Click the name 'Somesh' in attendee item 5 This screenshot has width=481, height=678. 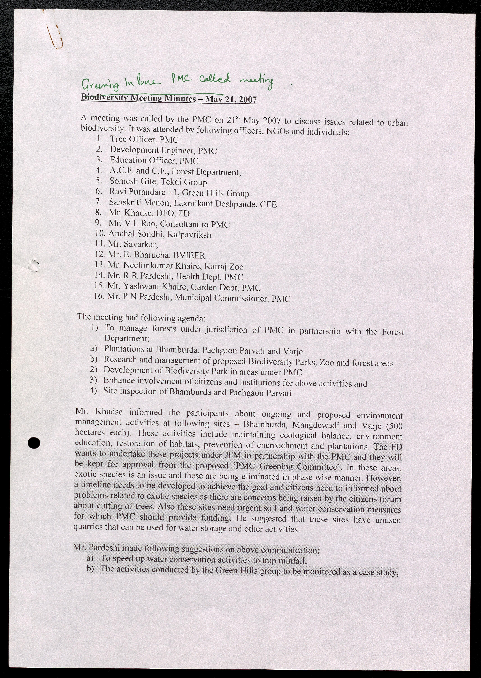[x=121, y=181]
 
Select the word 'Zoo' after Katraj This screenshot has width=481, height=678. [x=236, y=267]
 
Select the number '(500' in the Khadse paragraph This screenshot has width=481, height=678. [x=394, y=426]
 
